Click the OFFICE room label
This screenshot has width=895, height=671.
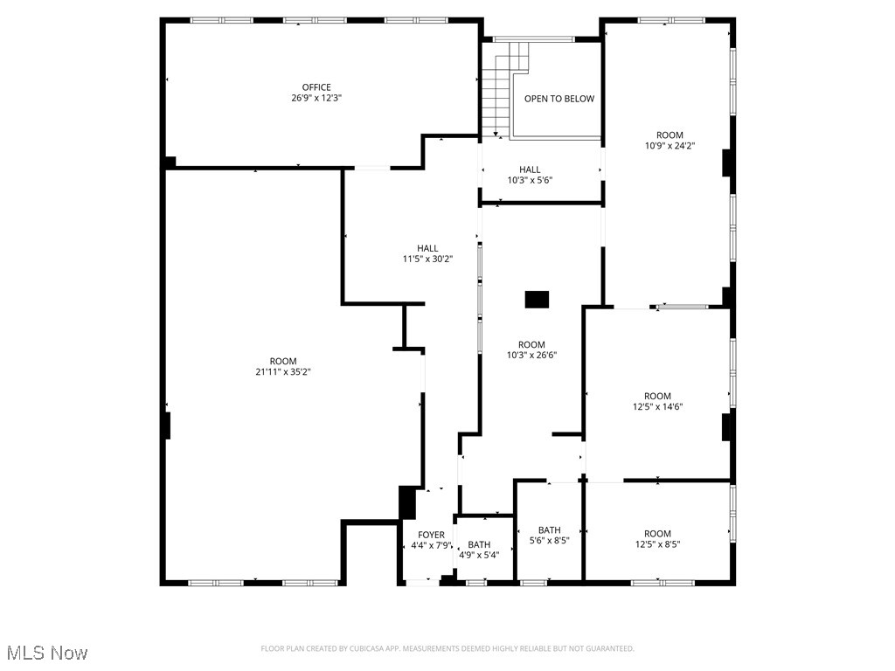tap(316, 87)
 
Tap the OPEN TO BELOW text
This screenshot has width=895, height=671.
tap(559, 99)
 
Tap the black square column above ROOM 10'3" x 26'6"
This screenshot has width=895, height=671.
tap(537, 300)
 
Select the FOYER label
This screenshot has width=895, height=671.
tap(431, 535)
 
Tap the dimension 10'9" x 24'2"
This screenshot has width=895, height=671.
tap(670, 146)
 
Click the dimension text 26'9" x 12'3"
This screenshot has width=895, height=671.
tap(316, 99)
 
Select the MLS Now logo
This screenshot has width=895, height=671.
tap(46, 653)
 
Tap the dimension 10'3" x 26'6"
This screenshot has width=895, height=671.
tap(531, 356)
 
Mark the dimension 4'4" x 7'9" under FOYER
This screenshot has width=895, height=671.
tap(431, 546)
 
